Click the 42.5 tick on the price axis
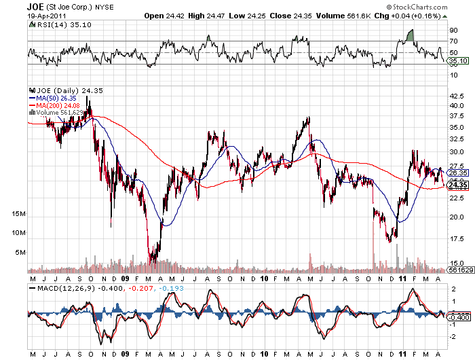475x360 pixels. click(x=457, y=96)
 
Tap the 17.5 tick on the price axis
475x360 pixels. click(x=457, y=238)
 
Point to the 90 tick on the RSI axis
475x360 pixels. click(x=453, y=31)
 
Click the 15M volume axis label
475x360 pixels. click(x=18, y=213)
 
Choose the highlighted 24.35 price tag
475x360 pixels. click(x=457, y=185)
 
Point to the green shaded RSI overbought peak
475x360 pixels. click(x=410, y=35)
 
